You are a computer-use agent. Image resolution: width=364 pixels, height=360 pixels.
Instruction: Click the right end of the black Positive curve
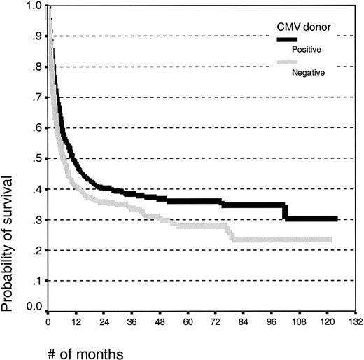coord(337,219)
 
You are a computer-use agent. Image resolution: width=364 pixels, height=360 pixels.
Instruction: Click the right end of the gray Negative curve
coord(331,240)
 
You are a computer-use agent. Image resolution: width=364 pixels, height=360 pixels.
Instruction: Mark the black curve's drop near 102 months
coord(285,212)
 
